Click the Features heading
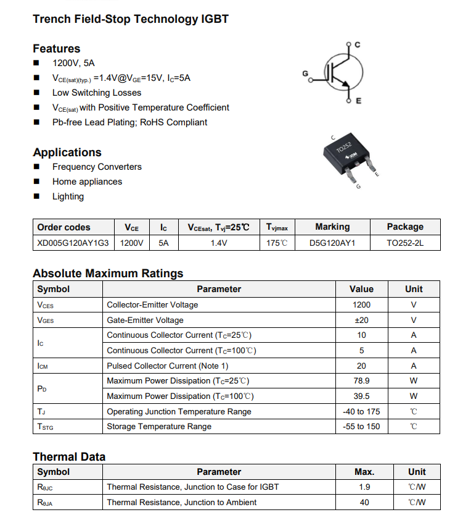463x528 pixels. (x=56, y=49)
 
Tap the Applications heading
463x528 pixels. (x=67, y=153)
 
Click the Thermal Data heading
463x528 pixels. (x=69, y=457)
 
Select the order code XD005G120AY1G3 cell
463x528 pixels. (x=73, y=243)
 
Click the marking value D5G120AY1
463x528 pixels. (x=332, y=243)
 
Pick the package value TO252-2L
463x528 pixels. (x=405, y=243)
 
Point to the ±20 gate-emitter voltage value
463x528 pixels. (x=361, y=320)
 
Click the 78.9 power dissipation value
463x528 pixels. (x=361, y=381)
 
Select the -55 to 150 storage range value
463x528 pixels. (x=361, y=427)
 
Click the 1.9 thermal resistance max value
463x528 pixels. (x=364, y=487)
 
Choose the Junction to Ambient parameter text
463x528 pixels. (x=181, y=503)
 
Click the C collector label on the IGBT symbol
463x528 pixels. (x=358, y=44)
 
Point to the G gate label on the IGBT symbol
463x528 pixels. (x=305, y=74)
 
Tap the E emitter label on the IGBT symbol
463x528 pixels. (x=359, y=101)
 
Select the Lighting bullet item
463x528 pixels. (x=68, y=196)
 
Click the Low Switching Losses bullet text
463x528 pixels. (x=97, y=93)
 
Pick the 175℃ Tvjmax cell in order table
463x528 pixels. (x=277, y=243)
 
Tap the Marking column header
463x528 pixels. (x=332, y=227)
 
